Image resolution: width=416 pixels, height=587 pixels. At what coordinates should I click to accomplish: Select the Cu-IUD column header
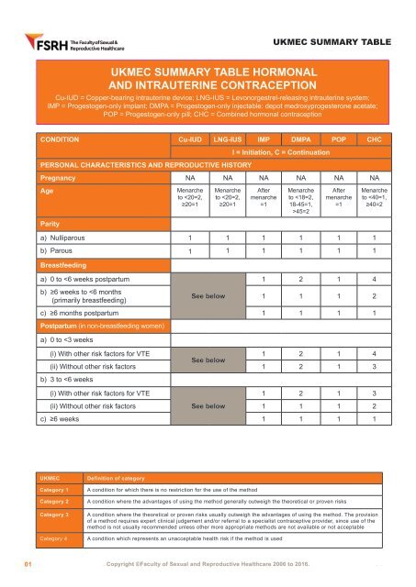pos(189,139)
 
